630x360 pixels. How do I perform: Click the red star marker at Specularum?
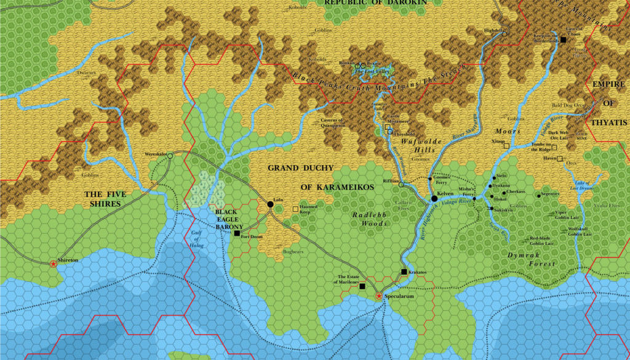[379, 297]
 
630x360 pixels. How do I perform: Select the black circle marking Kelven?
[434, 198]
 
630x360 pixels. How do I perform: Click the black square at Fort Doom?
[237, 233]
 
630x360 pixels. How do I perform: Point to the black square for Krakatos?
[404, 271]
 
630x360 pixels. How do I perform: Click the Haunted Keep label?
[309, 209]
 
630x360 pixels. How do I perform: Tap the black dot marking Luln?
[269, 204]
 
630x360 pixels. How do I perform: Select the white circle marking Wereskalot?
[170, 156]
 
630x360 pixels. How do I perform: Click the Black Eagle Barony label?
[229, 219]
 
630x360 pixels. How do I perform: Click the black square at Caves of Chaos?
[563, 39]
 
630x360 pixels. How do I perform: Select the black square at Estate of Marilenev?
[362, 286]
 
